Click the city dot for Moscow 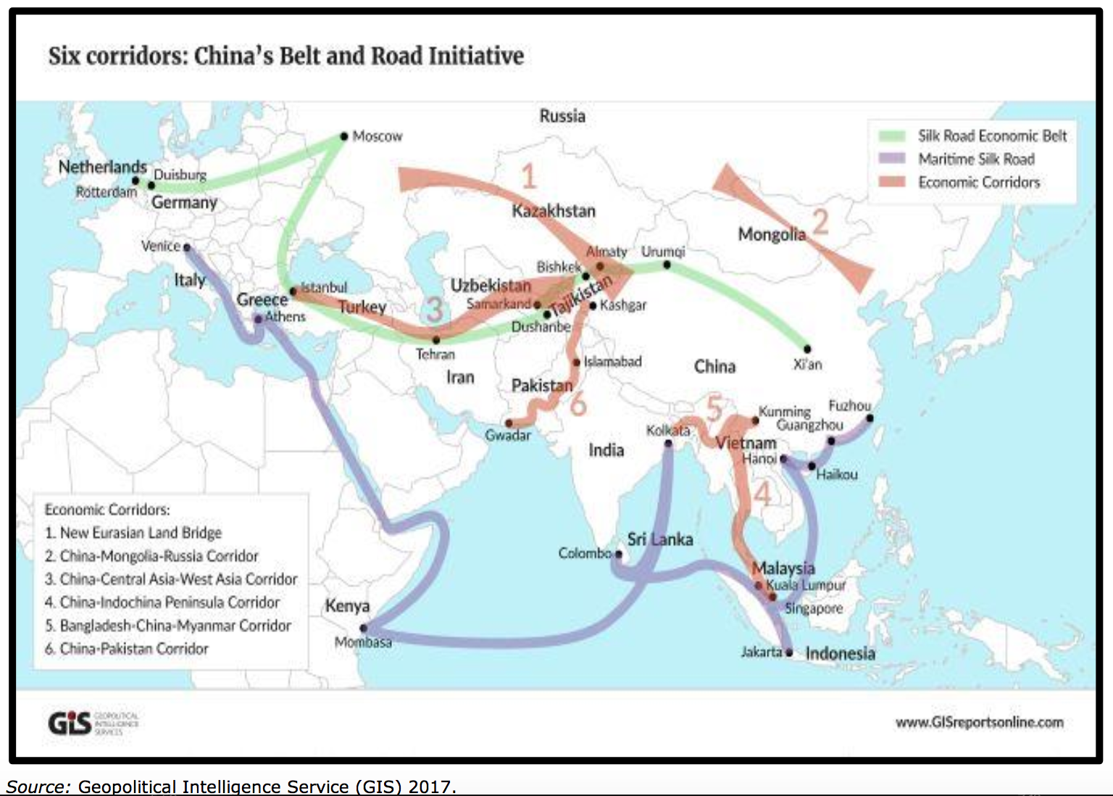point(344,136)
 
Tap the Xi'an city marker point(807,349)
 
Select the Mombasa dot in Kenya point(363,628)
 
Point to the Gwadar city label point(507,436)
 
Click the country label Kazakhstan point(554,211)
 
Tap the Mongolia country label point(771,234)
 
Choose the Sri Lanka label point(660,539)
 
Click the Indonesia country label point(840,653)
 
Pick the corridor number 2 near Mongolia point(820,222)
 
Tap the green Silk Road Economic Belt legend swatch point(891,136)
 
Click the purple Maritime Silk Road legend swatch point(891,159)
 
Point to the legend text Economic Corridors point(978,182)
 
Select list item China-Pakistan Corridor point(134,649)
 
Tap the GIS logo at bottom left point(70,723)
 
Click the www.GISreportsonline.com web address point(979,722)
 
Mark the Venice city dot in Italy point(187,247)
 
